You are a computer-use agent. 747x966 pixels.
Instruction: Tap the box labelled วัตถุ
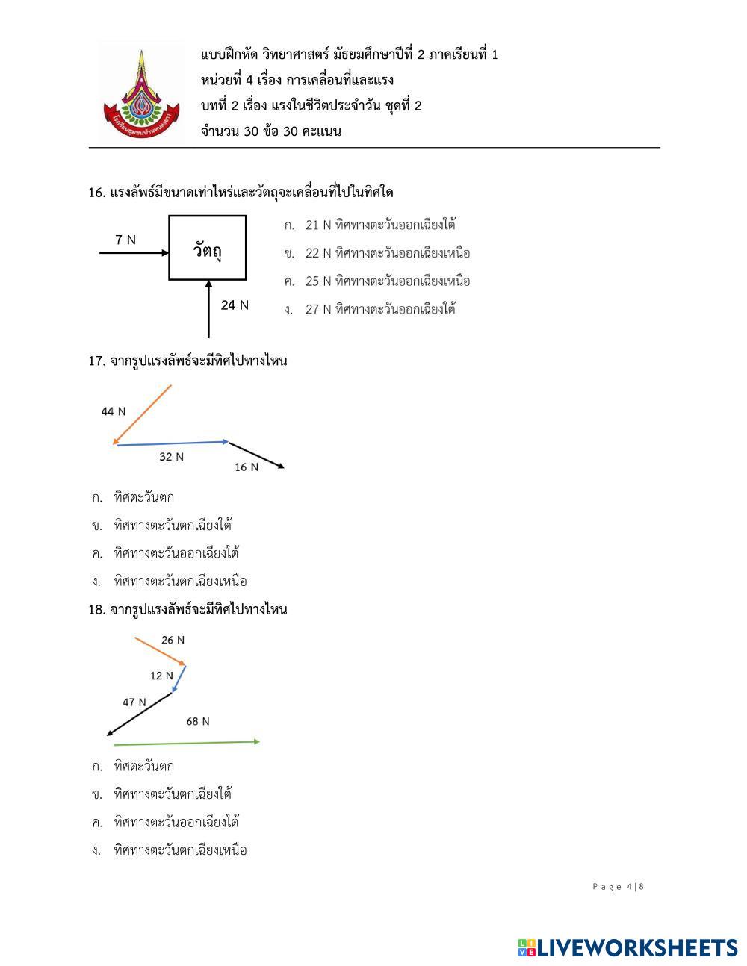click(208, 248)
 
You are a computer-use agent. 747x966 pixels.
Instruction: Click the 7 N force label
click(125, 240)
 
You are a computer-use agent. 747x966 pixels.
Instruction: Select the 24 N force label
click(235, 305)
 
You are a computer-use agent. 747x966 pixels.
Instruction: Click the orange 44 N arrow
click(142, 414)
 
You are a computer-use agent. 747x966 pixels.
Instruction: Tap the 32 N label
click(171, 457)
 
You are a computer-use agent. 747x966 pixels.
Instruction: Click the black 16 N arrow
click(256, 455)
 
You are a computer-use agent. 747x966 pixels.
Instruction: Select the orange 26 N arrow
click(160, 650)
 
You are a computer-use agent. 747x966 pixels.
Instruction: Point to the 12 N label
click(161, 676)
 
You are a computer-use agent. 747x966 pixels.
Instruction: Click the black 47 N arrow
click(140, 714)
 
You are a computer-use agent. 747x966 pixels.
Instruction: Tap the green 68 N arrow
click(187, 743)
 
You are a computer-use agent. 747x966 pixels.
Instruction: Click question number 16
click(96, 193)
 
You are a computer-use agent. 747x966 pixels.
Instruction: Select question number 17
click(96, 361)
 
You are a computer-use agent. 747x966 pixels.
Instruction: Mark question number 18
click(96, 610)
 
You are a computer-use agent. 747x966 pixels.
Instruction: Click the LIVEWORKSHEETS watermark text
click(636, 948)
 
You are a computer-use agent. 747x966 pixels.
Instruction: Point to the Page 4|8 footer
click(618, 887)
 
